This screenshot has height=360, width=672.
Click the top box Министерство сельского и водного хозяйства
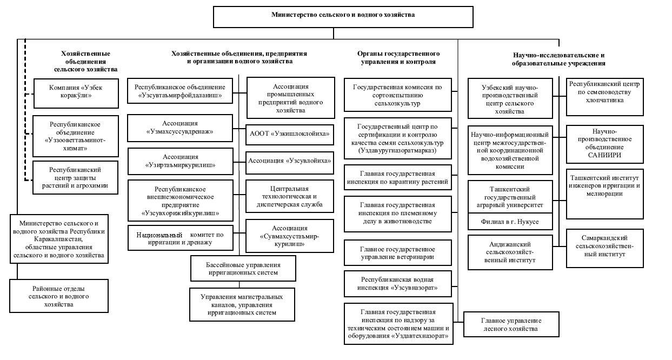[343, 17]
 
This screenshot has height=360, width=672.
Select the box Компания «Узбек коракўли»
[76, 94]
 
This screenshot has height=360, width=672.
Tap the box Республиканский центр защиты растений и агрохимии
[75, 178]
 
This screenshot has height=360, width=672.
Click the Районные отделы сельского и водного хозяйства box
[59, 296]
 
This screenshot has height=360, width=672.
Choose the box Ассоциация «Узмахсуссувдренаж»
[180, 128]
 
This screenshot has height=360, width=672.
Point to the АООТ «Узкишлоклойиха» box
[289, 135]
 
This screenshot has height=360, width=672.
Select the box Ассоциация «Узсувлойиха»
[289, 163]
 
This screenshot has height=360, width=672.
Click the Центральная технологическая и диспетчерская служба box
[289, 196]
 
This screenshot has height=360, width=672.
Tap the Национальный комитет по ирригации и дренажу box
[181, 238]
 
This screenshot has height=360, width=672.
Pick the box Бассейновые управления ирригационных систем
[243, 269]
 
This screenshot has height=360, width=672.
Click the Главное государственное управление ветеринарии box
[397, 252]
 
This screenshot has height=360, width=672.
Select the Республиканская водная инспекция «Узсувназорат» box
[397, 284]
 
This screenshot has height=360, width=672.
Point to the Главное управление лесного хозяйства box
[511, 324]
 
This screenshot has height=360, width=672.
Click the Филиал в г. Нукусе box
[510, 222]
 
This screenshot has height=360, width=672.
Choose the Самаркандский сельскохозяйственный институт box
[605, 249]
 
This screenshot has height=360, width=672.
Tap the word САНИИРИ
[604, 155]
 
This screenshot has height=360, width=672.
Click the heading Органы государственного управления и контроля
[398, 58]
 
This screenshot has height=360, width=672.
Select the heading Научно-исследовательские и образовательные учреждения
[558, 59]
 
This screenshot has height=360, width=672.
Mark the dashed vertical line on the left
[25, 110]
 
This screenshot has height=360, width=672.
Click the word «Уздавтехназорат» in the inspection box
[420, 336]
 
